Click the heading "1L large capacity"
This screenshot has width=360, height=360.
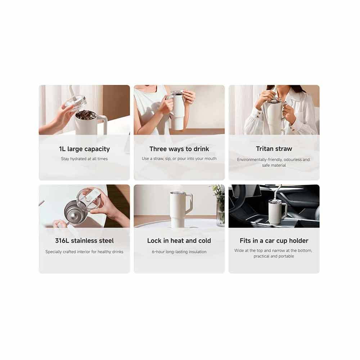[84, 149]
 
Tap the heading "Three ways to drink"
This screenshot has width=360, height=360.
[179, 149]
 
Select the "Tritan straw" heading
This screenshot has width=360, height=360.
[274, 149]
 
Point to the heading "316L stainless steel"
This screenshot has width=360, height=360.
[84, 240]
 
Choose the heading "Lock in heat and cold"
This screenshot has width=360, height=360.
[179, 240]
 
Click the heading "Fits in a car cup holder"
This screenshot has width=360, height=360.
[274, 240]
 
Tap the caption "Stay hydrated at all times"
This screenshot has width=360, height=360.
[84, 159]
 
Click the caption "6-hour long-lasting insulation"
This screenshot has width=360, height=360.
[179, 252]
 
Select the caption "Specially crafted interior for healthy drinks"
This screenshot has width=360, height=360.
[84, 252]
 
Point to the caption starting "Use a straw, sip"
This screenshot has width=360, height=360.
[179, 159]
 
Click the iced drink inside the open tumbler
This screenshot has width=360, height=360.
[85, 114]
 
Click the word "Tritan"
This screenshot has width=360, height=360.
[265, 149]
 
